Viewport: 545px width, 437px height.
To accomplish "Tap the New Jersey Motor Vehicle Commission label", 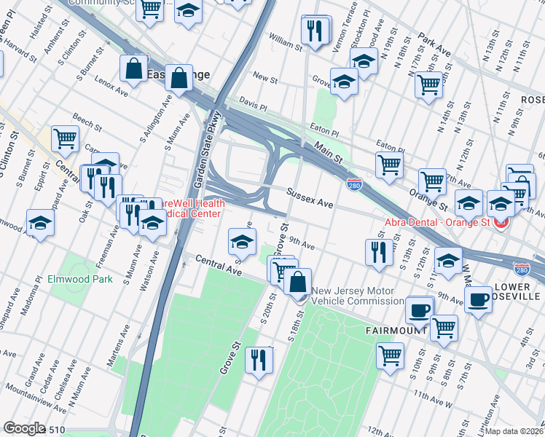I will pyautogui.click(x=353, y=296).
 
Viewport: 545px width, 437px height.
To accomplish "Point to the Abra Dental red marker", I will pyautogui.click(x=501, y=222).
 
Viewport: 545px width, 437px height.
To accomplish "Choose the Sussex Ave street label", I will pyautogui.click(x=309, y=199).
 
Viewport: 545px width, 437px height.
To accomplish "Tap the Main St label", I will pyautogui.click(x=329, y=155).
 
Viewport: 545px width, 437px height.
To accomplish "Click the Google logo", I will pyautogui.click(x=23, y=428).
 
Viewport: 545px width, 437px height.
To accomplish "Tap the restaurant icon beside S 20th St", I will pyautogui.click(x=259, y=360).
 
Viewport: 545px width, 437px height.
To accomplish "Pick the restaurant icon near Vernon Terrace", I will pyautogui.click(x=315, y=31).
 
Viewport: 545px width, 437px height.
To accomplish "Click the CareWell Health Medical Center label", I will pyautogui.click(x=191, y=209).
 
